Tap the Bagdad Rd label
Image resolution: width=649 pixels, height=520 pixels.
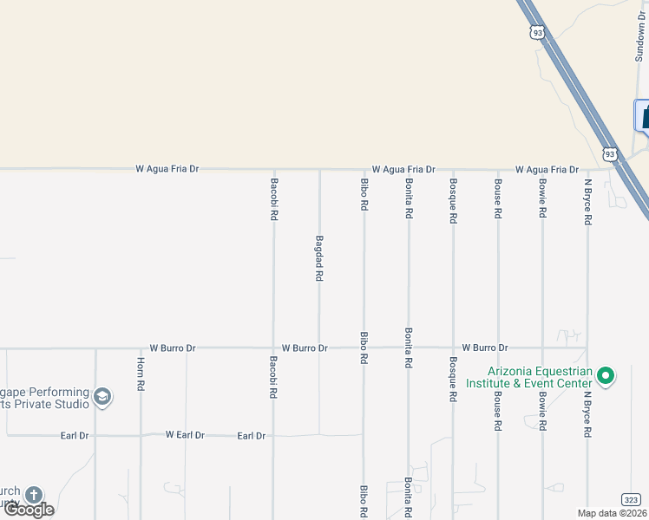click(319, 257)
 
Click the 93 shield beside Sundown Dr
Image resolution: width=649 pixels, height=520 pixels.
click(538, 33)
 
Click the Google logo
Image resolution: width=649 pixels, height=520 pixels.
click(29, 510)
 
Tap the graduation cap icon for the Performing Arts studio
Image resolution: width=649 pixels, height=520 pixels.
click(102, 397)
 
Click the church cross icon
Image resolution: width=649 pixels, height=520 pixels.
click(33, 495)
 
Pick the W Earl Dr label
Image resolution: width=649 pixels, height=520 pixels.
click(185, 435)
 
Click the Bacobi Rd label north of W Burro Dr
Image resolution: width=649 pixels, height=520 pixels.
click(274, 198)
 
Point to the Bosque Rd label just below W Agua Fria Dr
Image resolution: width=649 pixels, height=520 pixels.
click(453, 201)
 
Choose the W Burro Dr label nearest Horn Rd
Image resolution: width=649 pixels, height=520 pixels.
click(173, 348)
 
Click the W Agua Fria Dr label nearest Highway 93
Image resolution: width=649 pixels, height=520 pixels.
click(547, 170)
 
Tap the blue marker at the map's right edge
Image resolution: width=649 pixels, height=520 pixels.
click(643, 115)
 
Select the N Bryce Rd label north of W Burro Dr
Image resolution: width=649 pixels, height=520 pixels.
click(587, 202)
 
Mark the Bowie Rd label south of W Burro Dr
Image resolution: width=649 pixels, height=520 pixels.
click(543, 412)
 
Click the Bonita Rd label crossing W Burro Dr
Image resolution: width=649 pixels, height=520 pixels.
click(408, 348)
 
